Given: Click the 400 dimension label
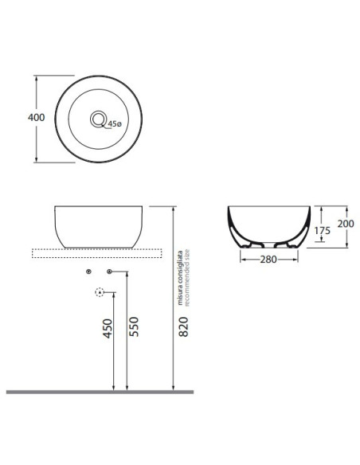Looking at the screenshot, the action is click(x=36, y=117).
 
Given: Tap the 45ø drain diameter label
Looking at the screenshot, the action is click(x=115, y=123).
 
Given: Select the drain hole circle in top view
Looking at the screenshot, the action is click(x=98, y=119).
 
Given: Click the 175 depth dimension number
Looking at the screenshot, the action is click(x=322, y=230).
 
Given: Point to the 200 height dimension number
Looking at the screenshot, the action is click(x=346, y=223).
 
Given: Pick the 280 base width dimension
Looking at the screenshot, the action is click(x=268, y=260).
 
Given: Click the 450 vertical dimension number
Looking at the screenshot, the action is click(x=108, y=328).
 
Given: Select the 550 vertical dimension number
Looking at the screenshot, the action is click(x=134, y=326).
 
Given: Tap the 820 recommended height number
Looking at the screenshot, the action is click(x=184, y=326).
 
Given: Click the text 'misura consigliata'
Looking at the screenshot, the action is click(x=179, y=278).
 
